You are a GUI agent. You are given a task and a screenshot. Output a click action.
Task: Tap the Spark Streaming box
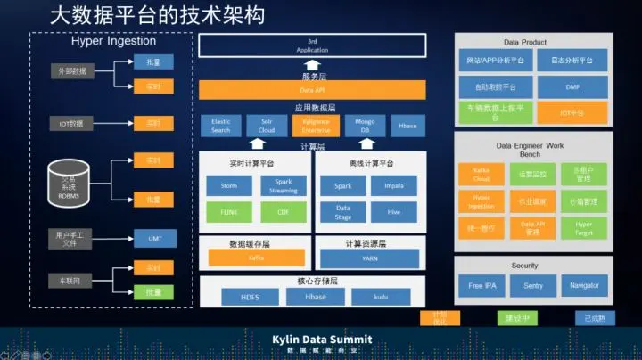pyautogui.click(x=284, y=186)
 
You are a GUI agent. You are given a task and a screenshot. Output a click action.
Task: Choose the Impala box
pyautogui.click(x=394, y=186)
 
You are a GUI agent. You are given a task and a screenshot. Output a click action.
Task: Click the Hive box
pyautogui.click(x=394, y=212)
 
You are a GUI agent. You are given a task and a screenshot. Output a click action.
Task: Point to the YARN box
pyautogui.click(x=369, y=258)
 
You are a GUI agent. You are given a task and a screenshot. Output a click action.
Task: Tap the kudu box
pyautogui.click(x=380, y=297)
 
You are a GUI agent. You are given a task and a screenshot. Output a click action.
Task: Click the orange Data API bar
pyautogui.click(x=312, y=90)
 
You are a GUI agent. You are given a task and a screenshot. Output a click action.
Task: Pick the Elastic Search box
pyautogui.click(x=220, y=126)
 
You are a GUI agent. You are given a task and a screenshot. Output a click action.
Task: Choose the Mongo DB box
pyautogui.click(x=365, y=126)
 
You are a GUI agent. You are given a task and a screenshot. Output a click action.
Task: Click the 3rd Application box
pyautogui.click(x=312, y=45)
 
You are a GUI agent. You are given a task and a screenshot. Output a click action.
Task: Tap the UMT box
pyautogui.click(x=143, y=238)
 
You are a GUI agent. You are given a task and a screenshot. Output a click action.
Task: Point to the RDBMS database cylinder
pyautogui.click(x=69, y=181)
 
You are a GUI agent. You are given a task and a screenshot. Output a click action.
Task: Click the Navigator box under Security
pyautogui.click(x=584, y=285)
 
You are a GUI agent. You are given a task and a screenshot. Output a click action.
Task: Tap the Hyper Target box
pyautogui.click(x=583, y=228)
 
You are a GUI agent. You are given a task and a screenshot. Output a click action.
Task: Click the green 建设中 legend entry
pyautogui.click(x=518, y=317)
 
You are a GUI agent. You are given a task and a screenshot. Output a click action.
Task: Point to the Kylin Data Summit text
pyautogui.click(x=322, y=340)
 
